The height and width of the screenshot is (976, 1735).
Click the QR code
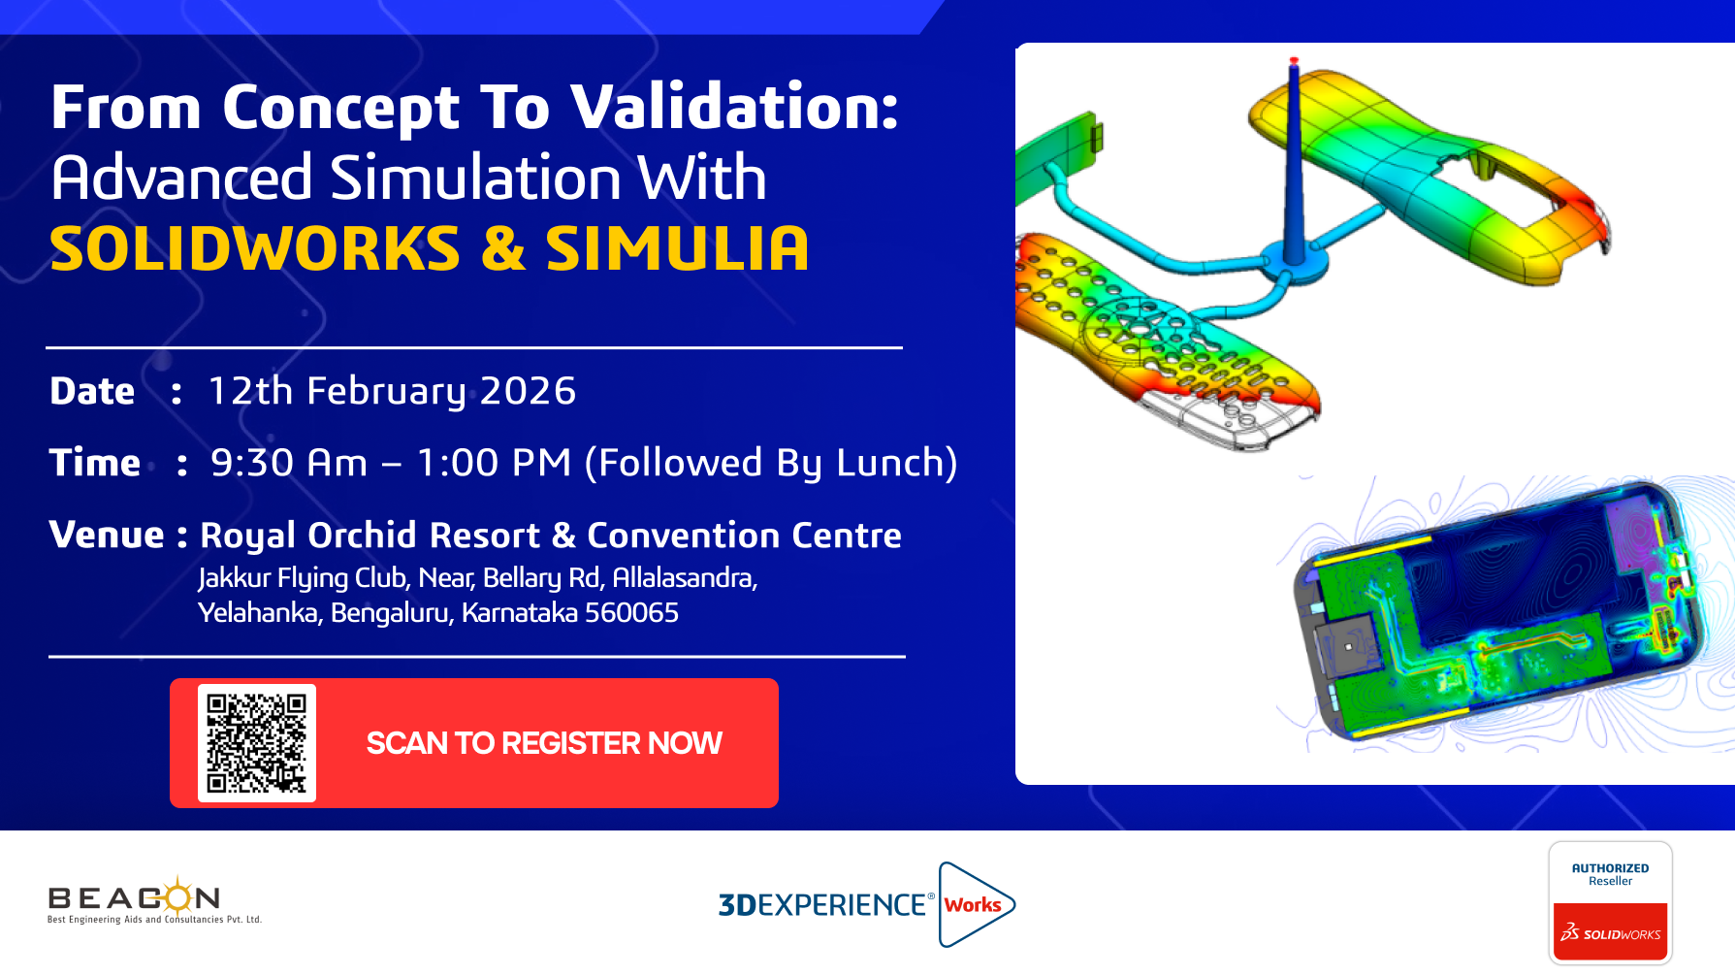tap(257, 743)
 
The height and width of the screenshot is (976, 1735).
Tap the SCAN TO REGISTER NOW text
tap(544, 743)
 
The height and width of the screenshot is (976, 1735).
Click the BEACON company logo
tap(154, 900)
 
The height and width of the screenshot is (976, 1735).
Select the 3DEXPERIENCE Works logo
tap(866, 904)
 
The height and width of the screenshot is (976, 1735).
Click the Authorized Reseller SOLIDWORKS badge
tap(1611, 902)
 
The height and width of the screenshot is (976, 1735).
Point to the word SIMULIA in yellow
tap(677, 248)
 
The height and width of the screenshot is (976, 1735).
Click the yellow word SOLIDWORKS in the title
tap(255, 248)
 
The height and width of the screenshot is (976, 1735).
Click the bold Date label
tap(92, 391)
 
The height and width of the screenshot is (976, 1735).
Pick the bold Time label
tap(95, 463)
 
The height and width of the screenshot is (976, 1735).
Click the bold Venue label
tap(107, 535)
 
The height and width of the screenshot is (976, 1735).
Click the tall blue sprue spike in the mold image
tap(1294, 160)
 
